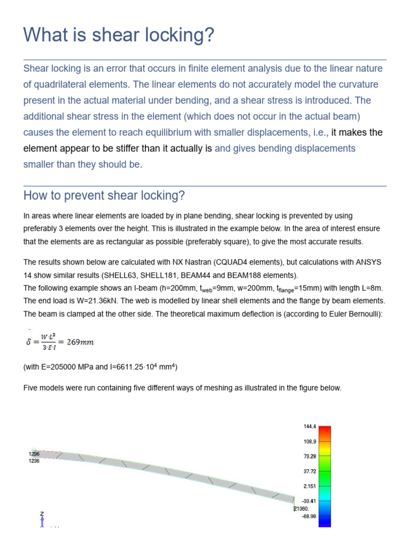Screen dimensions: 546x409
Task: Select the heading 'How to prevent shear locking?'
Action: click(x=104, y=196)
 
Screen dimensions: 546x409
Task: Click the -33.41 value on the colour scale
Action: click(x=309, y=501)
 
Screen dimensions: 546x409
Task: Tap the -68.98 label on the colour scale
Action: click(x=309, y=516)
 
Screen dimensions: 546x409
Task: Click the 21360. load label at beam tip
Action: click(x=301, y=509)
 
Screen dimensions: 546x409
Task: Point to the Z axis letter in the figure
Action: click(x=42, y=513)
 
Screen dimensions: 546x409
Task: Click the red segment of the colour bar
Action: click(x=324, y=430)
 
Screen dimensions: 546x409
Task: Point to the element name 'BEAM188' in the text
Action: click(x=258, y=275)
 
